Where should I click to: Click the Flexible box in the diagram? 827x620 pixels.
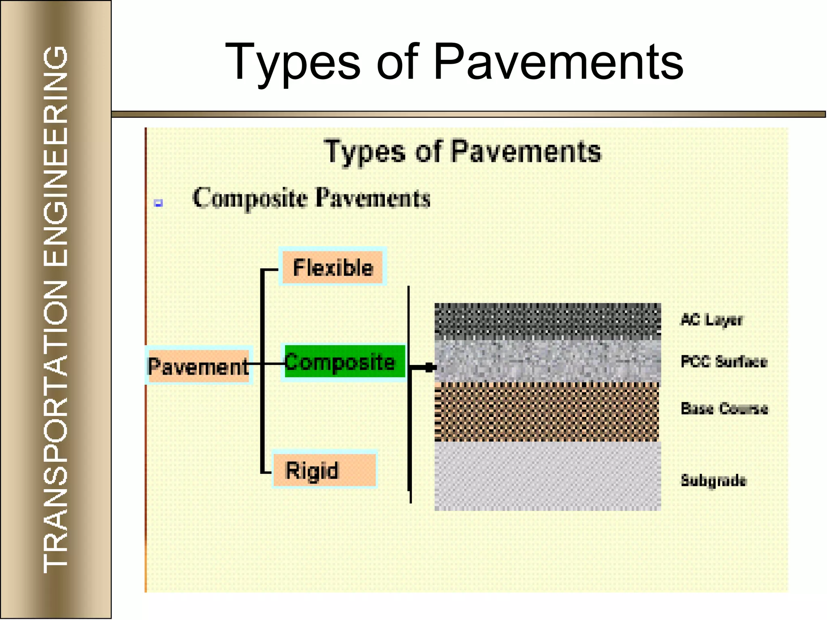tap(332, 267)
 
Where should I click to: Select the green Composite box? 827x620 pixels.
tap(343, 362)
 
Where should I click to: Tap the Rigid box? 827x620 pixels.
tap(324, 470)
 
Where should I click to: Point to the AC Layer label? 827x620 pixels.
tap(712, 320)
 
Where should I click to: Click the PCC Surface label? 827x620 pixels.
tap(724, 361)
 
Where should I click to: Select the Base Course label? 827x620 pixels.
tap(724, 408)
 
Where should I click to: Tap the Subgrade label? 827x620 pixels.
tap(714, 480)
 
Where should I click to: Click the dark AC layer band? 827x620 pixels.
tap(547, 320)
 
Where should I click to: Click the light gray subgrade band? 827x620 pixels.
tap(547, 476)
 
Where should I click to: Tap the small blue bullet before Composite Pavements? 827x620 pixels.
tap(158, 203)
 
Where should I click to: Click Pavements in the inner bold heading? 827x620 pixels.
tap(526, 151)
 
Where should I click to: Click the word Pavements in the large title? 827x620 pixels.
tap(558, 63)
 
